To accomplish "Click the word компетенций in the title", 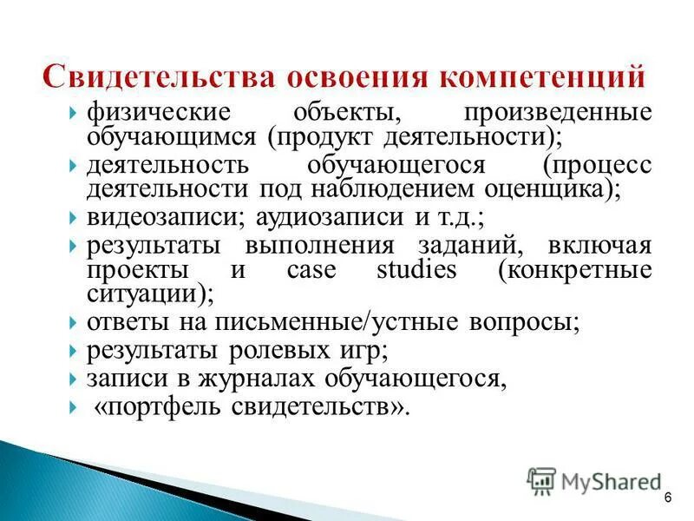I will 547,76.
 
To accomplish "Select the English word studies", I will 416,269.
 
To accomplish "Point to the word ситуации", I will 144,293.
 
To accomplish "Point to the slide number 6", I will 668,497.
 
